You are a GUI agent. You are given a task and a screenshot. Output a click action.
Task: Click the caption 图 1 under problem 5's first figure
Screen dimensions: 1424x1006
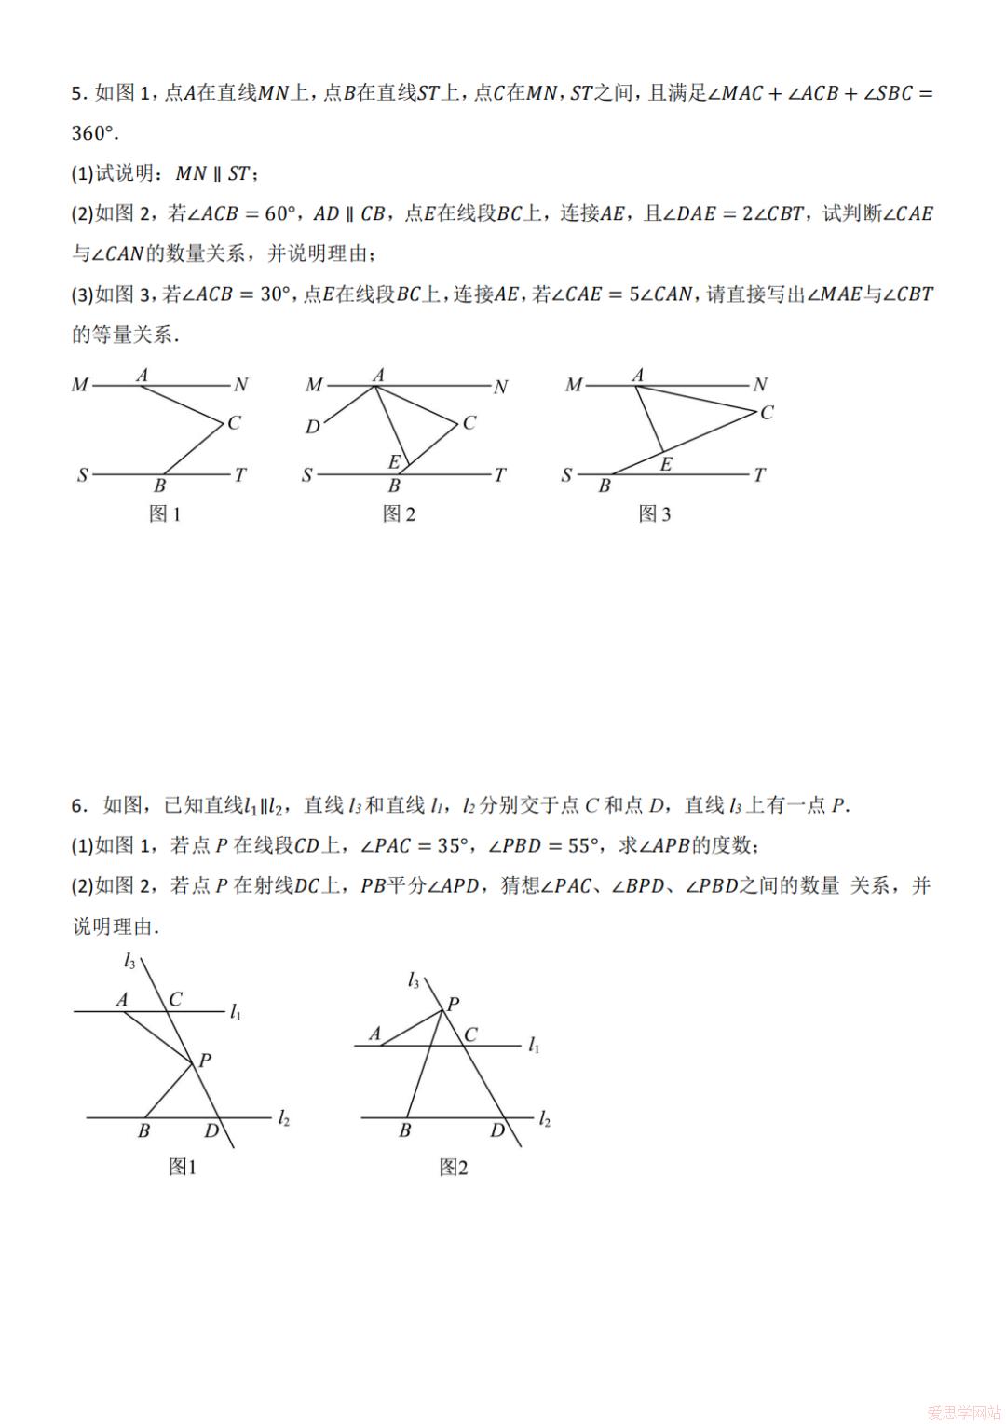click(x=165, y=513)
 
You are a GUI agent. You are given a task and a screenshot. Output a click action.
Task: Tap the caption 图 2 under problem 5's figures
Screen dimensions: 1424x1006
click(x=399, y=513)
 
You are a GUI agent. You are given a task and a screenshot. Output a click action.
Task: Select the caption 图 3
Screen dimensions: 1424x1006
click(x=654, y=513)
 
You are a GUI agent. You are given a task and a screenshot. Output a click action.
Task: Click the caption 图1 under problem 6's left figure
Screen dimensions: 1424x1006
click(x=182, y=1167)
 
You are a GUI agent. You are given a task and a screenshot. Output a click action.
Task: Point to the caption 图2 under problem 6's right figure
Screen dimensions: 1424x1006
click(x=454, y=1167)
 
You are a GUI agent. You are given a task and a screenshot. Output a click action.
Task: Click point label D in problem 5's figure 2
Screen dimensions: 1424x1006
click(x=313, y=427)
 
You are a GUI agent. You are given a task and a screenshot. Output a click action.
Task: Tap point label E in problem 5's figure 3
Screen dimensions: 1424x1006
click(x=666, y=463)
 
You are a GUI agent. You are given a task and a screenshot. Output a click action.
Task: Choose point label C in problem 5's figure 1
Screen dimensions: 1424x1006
click(x=234, y=422)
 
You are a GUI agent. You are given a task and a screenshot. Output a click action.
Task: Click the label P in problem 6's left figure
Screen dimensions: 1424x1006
click(x=205, y=1060)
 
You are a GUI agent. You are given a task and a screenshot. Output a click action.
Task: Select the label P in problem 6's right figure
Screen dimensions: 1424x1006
click(x=454, y=1004)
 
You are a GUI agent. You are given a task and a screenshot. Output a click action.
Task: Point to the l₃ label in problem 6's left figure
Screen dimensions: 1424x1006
click(x=129, y=962)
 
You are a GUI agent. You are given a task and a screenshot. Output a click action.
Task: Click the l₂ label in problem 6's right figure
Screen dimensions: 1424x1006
click(x=545, y=1119)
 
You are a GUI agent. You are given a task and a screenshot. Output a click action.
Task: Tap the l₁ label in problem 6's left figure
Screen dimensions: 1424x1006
click(x=236, y=1012)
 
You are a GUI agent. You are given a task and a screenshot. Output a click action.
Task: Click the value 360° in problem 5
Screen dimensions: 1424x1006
click(x=94, y=133)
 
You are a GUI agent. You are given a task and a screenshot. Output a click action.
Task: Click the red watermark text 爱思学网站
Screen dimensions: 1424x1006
click(x=964, y=1411)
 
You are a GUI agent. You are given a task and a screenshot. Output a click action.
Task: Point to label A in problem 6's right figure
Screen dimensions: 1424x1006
click(x=375, y=1034)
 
